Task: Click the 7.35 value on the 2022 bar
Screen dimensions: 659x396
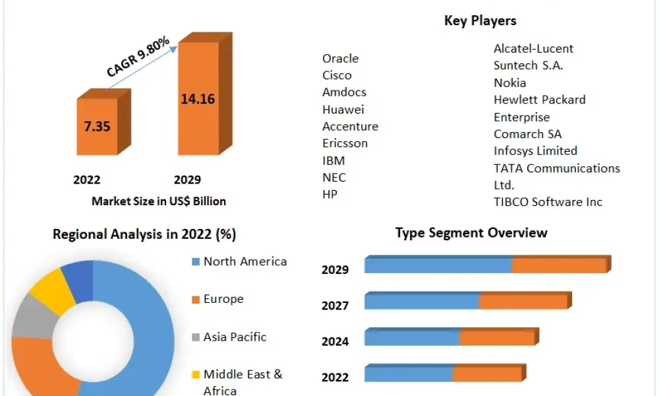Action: tap(97, 126)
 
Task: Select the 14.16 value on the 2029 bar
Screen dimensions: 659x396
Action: tap(198, 99)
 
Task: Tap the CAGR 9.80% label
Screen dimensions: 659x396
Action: tap(138, 56)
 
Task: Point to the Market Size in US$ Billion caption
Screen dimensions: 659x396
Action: tap(159, 201)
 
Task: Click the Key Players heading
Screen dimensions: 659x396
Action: tap(480, 20)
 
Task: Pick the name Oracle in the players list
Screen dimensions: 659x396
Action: tap(341, 59)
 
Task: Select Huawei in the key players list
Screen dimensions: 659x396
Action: tap(343, 110)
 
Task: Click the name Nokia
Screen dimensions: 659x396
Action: tap(510, 83)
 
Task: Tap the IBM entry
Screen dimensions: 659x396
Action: tap(333, 160)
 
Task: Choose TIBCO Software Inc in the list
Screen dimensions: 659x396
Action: tap(548, 202)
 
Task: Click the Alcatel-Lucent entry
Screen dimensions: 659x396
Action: tap(533, 49)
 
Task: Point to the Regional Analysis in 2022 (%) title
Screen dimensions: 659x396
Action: tap(144, 234)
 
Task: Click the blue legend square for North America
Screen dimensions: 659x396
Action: tap(196, 262)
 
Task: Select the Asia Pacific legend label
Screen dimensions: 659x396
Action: tap(235, 337)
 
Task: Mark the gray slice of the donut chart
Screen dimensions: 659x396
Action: tap(34, 316)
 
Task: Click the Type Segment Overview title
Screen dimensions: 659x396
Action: tap(471, 233)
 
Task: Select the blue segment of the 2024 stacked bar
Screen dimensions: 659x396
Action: tap(412, 338)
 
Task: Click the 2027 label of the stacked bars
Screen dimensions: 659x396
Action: tap(335, 306)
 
